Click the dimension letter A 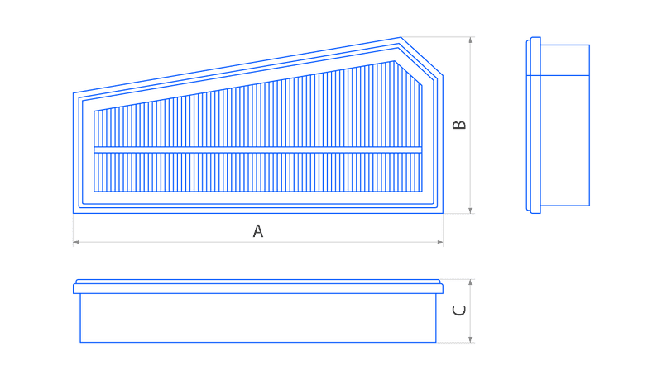[x=258, y=231]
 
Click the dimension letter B [x=459, y=125]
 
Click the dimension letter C [x=459, y=311]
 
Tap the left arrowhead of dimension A [x=76, y=242]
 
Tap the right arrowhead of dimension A [x=440, y=242]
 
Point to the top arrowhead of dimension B [x=470, y=40]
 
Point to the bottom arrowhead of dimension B [x=470, y=211]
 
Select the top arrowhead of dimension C [x=470, y=282]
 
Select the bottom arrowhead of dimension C [x=470, y=339]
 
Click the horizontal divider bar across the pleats [x=257, y=150]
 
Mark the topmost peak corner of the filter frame [x=401, y=37]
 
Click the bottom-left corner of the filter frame [x=73, y=213]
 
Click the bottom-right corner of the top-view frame [x=443, y=213]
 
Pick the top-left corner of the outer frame [x=73, y=93]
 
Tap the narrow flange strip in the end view [x=533, y=126]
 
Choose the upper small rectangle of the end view [x=565, y=59]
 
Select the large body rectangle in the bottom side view [x=258, y=318]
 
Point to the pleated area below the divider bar [x=257, y=173]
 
